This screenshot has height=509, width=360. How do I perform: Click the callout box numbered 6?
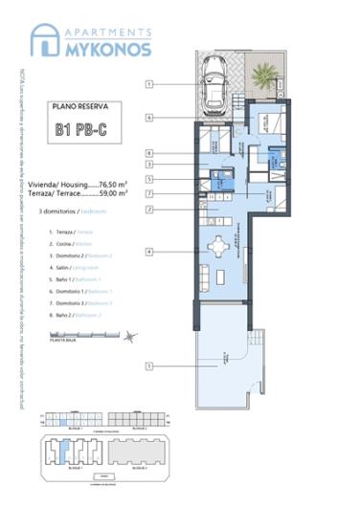click(x=150, y=118)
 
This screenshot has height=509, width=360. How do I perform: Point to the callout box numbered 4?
click(x=150, y=251)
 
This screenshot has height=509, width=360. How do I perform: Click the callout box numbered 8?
click(x=150, y=152)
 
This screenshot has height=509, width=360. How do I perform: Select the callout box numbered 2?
click(x=150, y=208)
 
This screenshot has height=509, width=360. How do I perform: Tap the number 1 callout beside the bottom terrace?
click(x=150, y=365)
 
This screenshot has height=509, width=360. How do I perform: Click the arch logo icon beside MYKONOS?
click(x=44, y=42)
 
